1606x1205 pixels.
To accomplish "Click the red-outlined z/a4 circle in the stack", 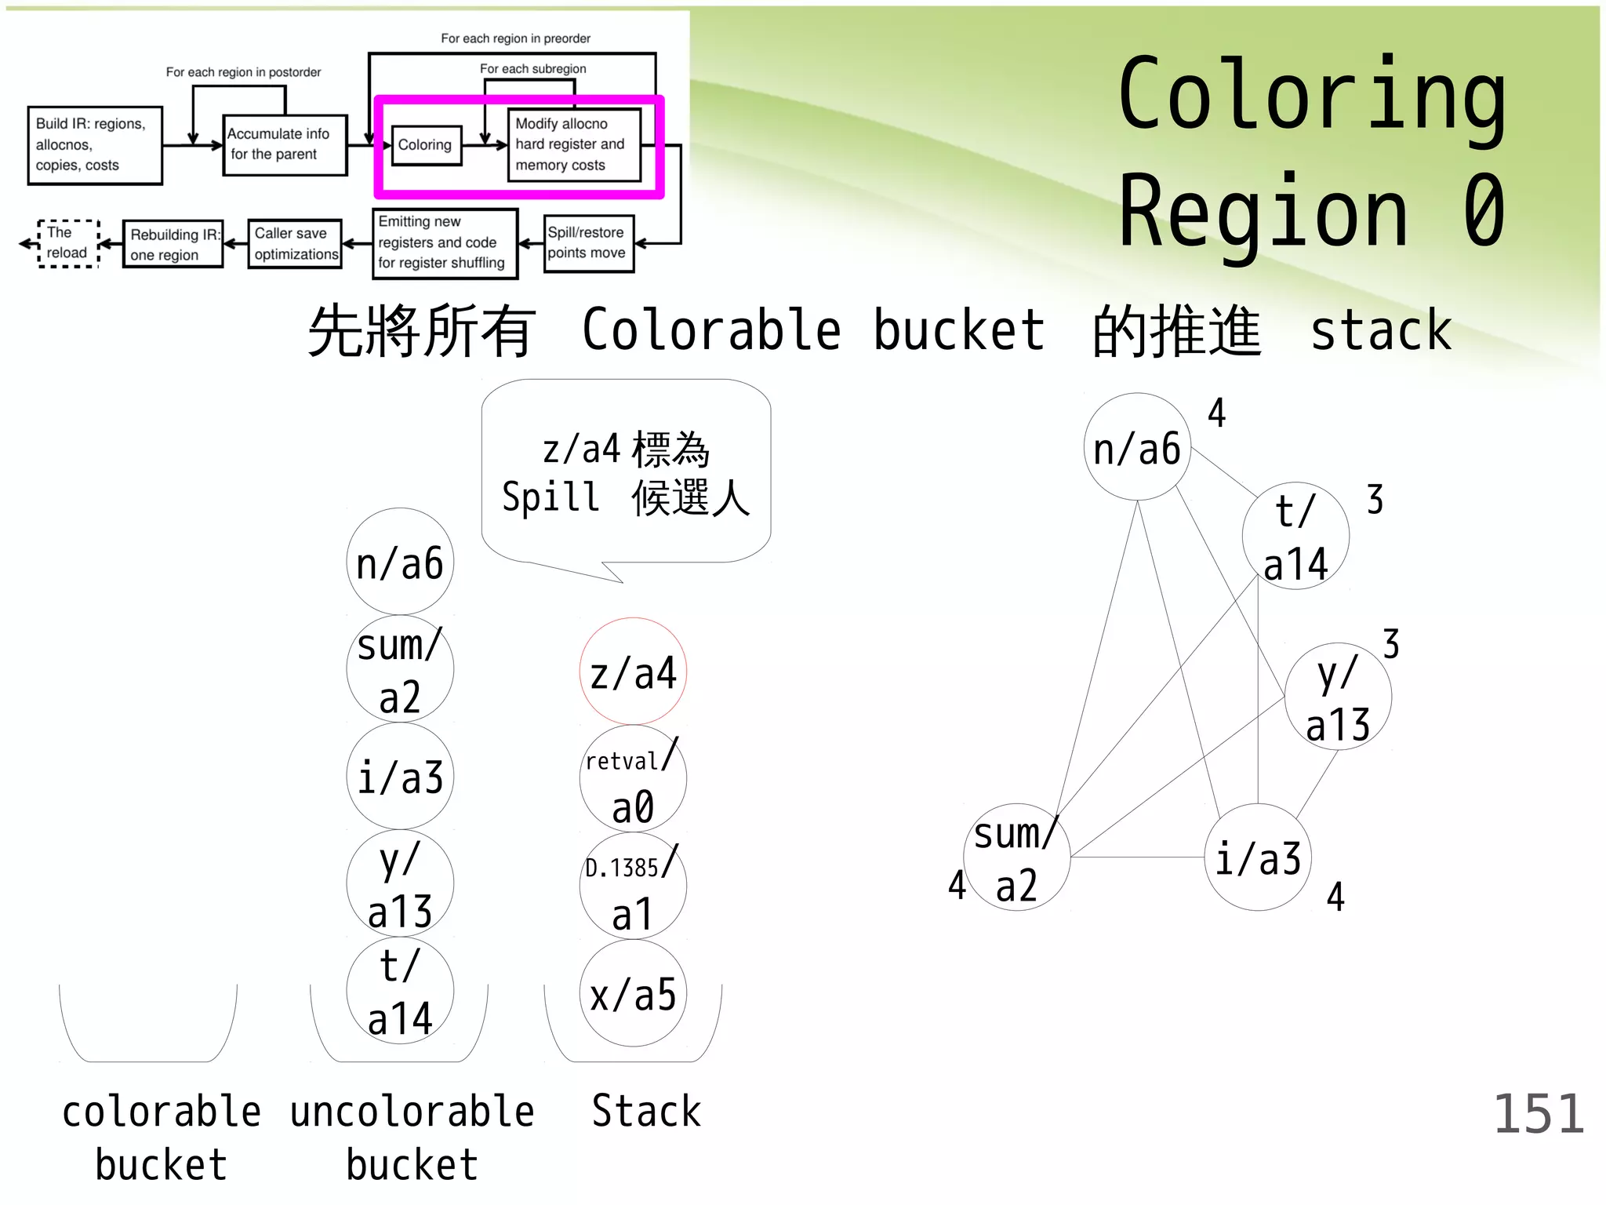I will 633,672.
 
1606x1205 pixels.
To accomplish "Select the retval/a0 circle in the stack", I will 633,779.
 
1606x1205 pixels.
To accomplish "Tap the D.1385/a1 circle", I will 633,886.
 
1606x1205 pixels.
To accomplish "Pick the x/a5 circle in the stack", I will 633,994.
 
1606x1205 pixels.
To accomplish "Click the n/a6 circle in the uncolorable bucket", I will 400,562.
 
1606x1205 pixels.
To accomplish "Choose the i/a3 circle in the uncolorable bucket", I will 400,777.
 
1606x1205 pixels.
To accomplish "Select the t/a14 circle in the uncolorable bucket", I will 400,991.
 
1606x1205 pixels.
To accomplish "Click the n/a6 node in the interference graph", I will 1137,447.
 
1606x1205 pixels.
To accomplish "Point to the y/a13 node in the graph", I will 1338,697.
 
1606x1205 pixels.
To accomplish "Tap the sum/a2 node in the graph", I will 1016,857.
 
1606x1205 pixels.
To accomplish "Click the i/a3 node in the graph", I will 1258,857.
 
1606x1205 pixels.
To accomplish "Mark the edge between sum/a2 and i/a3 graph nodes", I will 1137,857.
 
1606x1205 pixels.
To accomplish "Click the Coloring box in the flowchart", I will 426,145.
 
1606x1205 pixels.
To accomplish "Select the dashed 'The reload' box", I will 67,243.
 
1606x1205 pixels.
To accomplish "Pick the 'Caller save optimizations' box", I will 295,244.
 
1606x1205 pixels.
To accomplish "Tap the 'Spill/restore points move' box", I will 588,243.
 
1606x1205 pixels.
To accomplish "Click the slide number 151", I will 1539,1114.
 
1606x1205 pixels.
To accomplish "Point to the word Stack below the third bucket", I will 646,1112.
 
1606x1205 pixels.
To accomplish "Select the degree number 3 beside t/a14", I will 1375,500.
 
